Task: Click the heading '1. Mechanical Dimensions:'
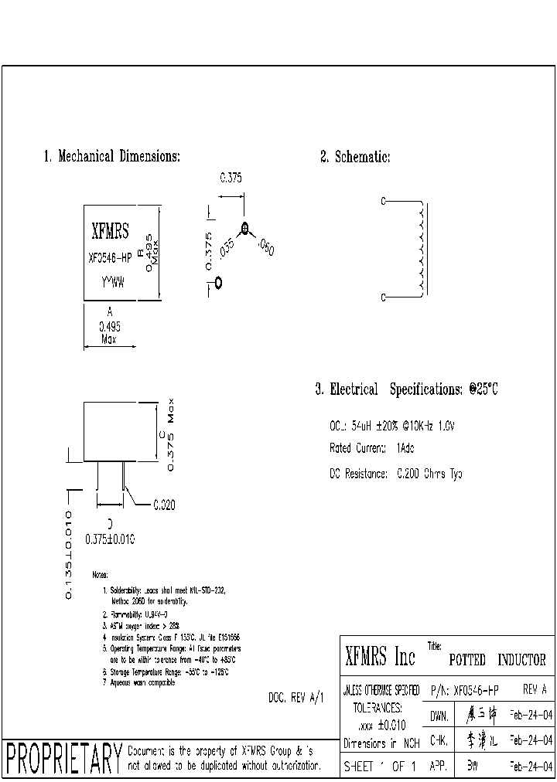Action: [x=111, y=157]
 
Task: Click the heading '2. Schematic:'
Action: [x=355, y=157]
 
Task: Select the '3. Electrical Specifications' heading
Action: [x=406, y=389]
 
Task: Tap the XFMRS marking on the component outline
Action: [x=111, y=230]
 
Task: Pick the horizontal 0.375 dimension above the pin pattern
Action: [x=231, y=178]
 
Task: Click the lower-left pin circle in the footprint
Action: [x=218, y=282]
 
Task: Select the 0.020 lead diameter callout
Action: [x=163, y=505]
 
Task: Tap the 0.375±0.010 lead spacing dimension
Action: [x=110, y=540]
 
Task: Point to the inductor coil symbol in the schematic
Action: [x=419, y=247]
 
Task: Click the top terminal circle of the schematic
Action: [x=383, y=202]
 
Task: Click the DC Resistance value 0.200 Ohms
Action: [x=429, y=474]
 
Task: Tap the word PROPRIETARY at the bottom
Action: [x=63, y=760]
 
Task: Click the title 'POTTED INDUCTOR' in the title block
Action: [x=497, y=661]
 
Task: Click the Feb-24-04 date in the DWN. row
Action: [x=531, y=716]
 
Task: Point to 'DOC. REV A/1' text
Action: [x=296, y=698]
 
